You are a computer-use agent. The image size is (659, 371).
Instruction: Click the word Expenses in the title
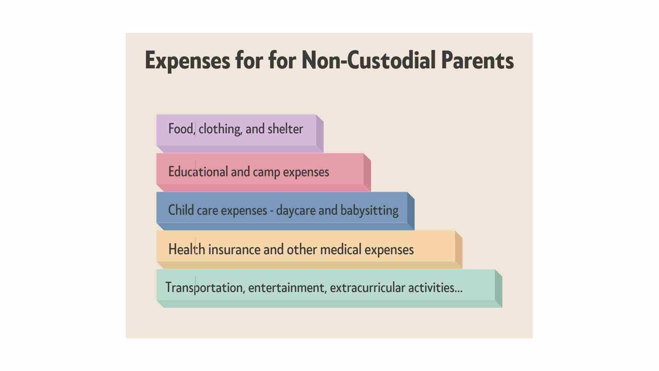pos(187,60)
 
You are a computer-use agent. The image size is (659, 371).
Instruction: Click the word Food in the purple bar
pos(181,129)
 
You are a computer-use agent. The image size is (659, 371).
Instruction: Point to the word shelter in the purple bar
pos(285,129)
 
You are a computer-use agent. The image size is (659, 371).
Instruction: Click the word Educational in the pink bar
pos(198,171)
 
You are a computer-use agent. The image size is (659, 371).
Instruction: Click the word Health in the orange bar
pos(187,249)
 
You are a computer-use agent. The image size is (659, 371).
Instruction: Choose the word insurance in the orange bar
pos(234,249)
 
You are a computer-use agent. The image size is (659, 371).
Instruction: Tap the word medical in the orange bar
pos(340,249)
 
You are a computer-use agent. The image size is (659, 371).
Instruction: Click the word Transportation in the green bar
pos(204,288)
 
